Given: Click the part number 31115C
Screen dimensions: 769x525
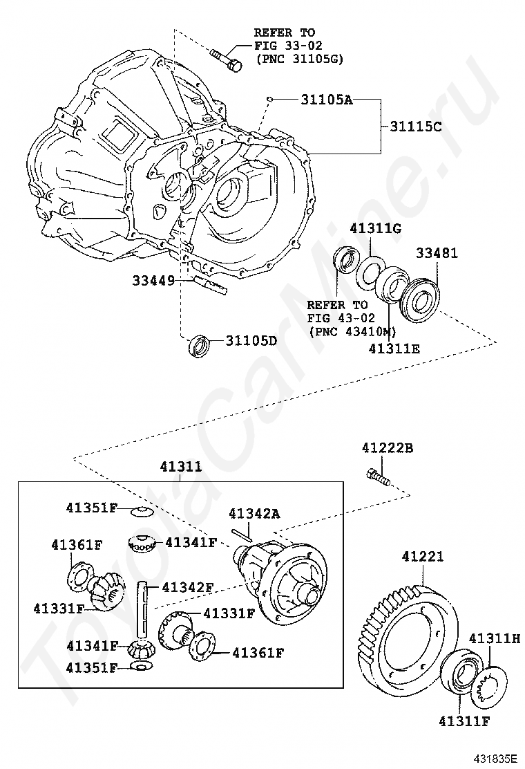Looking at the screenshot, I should tap(415, 127).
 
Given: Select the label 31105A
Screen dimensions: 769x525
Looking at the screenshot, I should tap(326, 100).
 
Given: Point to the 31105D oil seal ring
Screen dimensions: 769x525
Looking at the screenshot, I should tap(200, 345).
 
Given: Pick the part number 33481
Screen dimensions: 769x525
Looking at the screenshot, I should tap(436, 254).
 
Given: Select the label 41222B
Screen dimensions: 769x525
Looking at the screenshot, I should tap(387, 448).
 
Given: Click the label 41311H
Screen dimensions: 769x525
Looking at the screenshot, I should tap(494, 638).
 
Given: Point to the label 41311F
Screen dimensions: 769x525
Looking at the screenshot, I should tap(463, 722).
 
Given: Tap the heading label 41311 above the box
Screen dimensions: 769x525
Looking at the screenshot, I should tap(181, 467).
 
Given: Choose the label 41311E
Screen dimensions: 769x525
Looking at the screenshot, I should tap(394, 349).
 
